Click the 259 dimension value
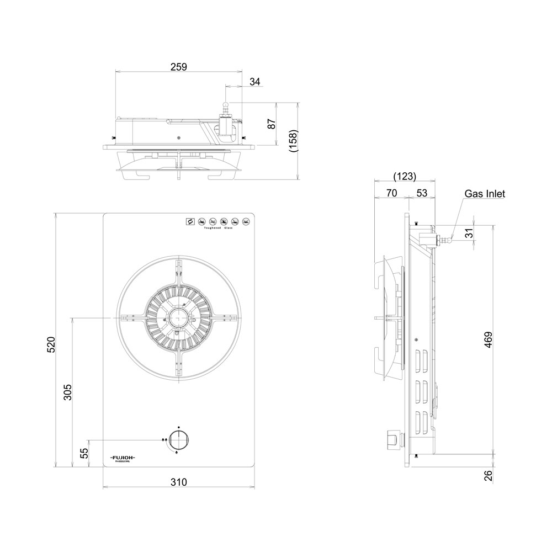click(x=178, y=66)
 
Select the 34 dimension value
click(x=254, y=82)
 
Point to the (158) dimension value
click(x=294, y=141)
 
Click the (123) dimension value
click(x=404, y=177)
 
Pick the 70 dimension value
click(x=391, y=193)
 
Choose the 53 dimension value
click(x=422, y=193)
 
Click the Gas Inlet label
click(x=484, y=194)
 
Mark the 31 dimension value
click(x=469, y=234)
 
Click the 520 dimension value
click(x=51, y=344)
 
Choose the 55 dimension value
click(x=84, y=453)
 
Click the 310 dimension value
click(x=178, y=482)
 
